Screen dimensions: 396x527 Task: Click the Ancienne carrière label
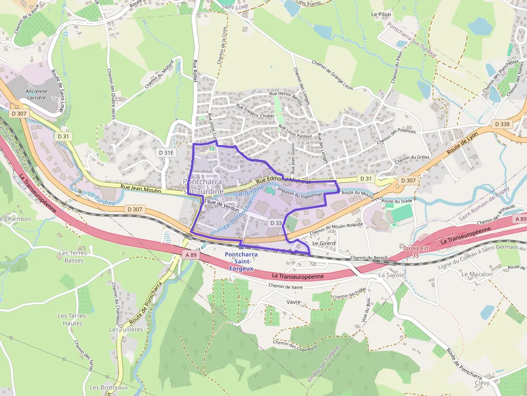click(x=37, y=95)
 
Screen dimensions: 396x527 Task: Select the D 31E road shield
click(x=166, y=153)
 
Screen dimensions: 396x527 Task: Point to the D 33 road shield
click(x=275, y=222)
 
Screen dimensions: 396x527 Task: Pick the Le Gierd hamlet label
click(x=324, y=243)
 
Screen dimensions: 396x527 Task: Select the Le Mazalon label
click(x=476, y=274)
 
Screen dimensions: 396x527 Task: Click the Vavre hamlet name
click(x=294, y=302)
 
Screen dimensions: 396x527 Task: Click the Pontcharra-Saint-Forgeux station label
click(x=240, y=261)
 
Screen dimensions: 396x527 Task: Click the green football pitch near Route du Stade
click(x=401, y=214)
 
